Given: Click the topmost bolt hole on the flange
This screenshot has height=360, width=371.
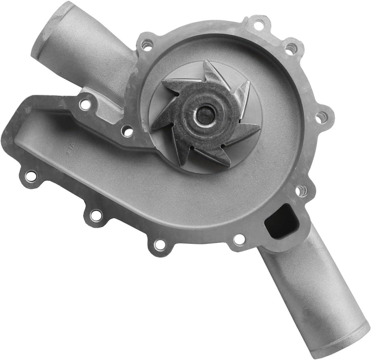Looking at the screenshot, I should [258, 25].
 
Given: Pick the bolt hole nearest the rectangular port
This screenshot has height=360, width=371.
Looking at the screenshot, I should [301, 190].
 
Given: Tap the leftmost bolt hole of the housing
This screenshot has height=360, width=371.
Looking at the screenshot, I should [31, 176].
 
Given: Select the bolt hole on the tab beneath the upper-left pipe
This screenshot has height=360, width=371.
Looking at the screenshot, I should [85, 104].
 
